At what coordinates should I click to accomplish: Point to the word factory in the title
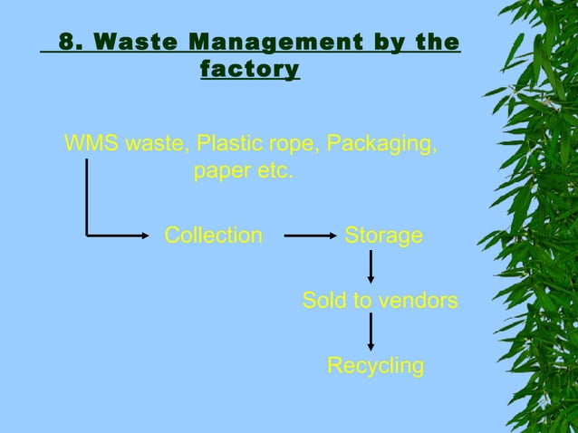(x=249, y=69)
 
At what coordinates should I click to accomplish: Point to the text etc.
(x=274, y=171)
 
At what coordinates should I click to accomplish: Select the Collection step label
(x=213, y=236)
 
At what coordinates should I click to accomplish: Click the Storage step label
(x=383, y=236)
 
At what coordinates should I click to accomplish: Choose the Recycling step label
(x=375, y=366)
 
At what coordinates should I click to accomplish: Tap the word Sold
(x=324, y=301)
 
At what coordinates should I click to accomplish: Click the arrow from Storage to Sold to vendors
(x=371, y=267)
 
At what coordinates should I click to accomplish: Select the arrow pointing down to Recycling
(x=371, y=332)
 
